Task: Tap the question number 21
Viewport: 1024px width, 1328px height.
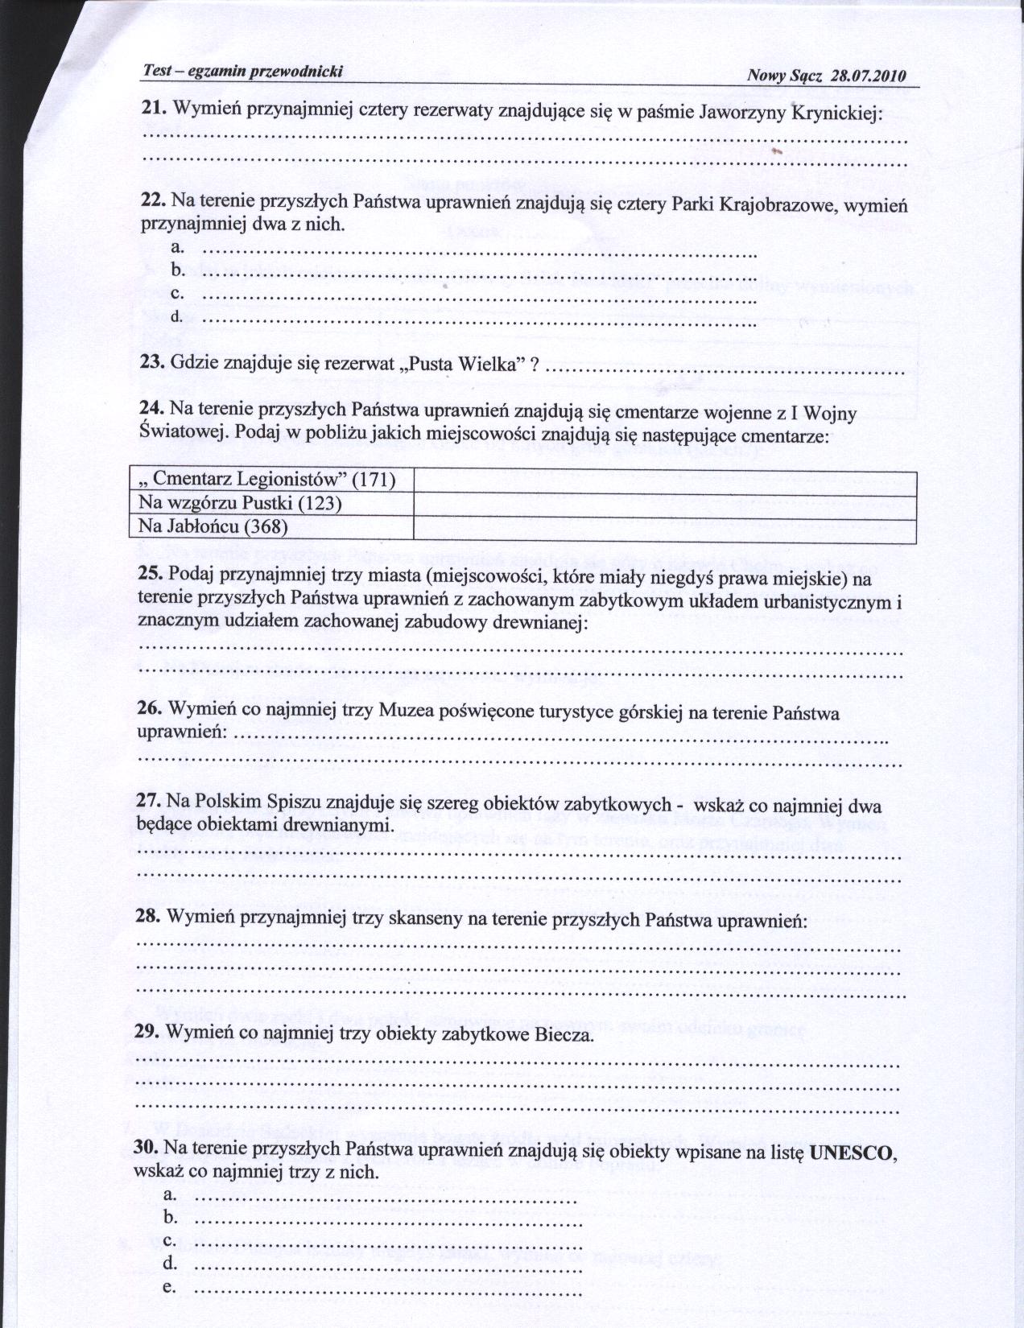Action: pos(154,108)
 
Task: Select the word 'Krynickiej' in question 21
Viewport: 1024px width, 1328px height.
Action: pos(837,113)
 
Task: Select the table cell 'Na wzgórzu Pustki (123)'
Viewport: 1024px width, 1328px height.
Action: pos(241,504)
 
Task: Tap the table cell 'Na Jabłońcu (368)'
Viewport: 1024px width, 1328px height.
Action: pos(213,527)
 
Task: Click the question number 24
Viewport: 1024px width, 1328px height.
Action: pos(153,412)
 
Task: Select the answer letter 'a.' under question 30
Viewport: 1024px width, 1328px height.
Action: pos(169,1198)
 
